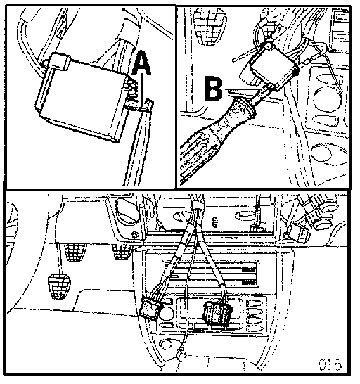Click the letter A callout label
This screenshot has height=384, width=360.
(x=141, y=63)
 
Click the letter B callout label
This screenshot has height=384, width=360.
(x=214, y=89)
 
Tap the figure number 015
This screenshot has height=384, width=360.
(x=329, y=365)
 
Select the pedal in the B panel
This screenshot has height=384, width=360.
(x=210, y=26)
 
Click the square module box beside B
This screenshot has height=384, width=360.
(x=274, y=65)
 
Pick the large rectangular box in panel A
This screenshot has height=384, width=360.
(x=81, y=98)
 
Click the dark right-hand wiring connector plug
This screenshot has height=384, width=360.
(x=217, y=313)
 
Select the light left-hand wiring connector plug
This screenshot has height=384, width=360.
(x=150, y=309)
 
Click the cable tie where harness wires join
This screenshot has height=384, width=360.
(x=197, y=205)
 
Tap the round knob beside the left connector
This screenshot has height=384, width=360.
(x=166, y=314)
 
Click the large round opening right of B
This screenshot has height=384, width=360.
(x=328, y=98)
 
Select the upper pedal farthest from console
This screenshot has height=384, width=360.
(x=75, y=252)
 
